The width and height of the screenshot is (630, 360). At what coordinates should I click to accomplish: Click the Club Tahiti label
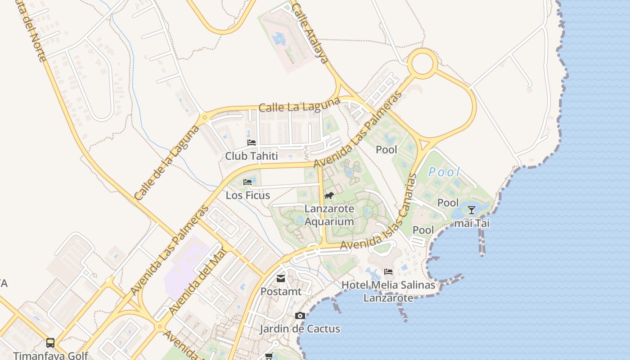[251, 156]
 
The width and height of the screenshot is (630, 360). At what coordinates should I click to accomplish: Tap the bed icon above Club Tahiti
[252, 143]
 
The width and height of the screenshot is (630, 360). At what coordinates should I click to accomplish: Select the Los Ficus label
[247, 195]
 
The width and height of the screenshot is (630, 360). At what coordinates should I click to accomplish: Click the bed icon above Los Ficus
[247, 182]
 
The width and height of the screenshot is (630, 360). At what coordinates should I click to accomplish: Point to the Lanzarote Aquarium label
[329, 215]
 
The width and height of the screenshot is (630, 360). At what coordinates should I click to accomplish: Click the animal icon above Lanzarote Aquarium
[329, 196]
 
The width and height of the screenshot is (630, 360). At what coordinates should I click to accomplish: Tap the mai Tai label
[472, 223]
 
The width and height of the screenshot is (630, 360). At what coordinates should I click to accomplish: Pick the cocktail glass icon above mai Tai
[472, 210]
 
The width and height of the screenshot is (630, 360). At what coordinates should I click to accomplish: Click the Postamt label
[281, 292]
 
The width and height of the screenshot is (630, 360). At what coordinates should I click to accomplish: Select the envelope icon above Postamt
[281, 279]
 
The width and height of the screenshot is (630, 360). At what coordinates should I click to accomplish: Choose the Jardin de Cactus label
[300, 329]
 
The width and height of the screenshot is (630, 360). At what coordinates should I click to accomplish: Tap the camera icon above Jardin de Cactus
[300, 316]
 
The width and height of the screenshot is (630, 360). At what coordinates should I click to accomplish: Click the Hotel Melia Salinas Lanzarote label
[388, 291]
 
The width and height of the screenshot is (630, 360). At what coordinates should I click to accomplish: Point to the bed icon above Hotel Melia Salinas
[388, 272]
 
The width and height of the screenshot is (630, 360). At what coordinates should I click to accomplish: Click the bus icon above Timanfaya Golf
[50, 343]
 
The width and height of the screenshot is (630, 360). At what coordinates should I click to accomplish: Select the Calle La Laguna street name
[299, 105]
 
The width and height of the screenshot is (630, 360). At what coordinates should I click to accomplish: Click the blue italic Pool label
[444, 172]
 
